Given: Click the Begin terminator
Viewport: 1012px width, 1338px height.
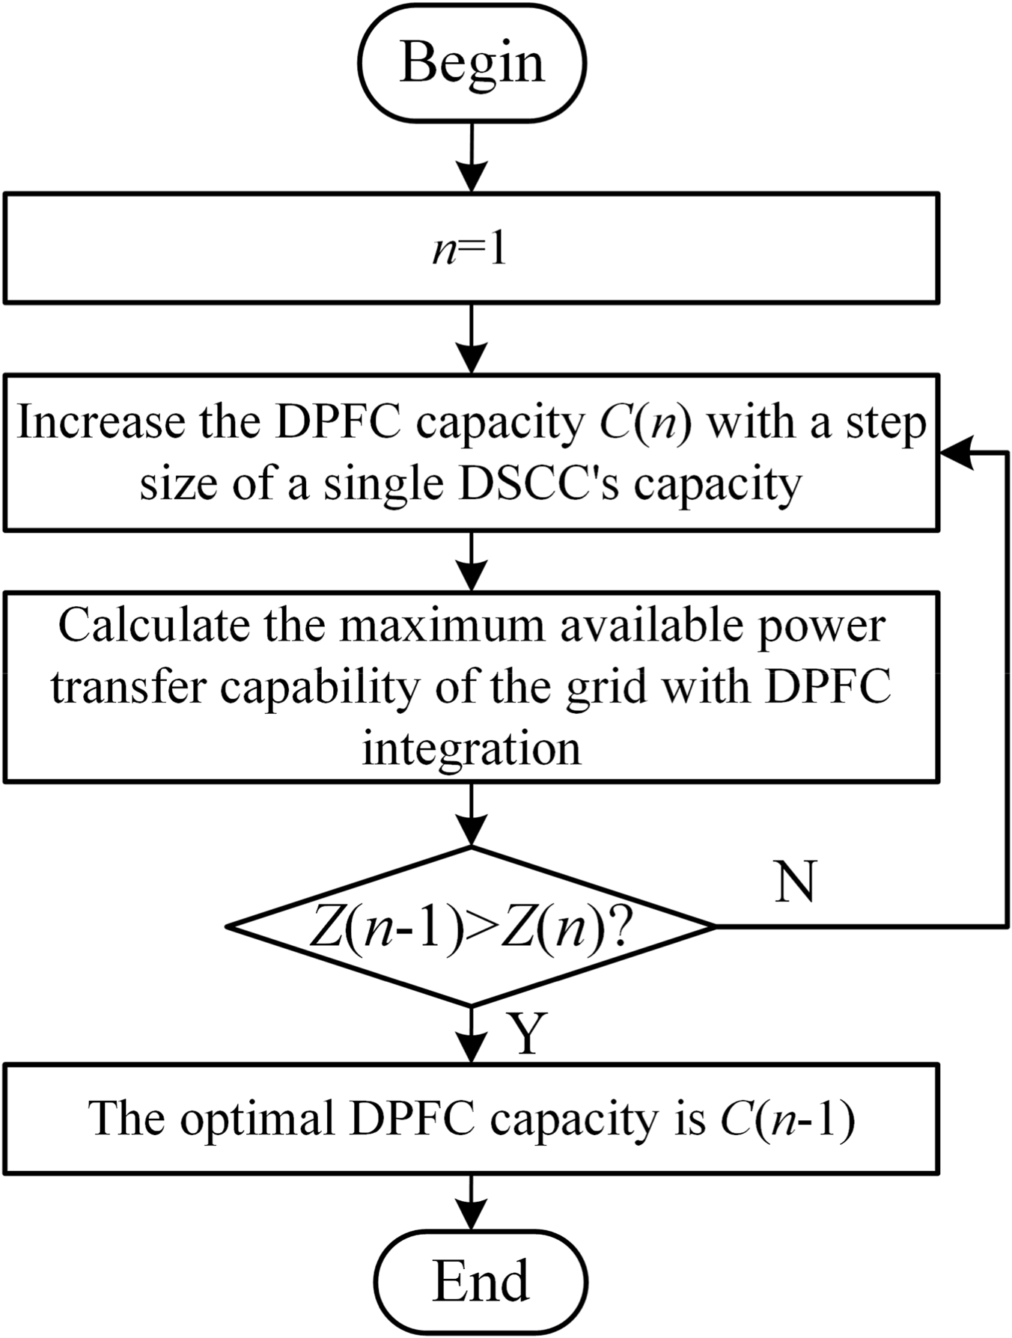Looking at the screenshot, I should (x=472, y=63).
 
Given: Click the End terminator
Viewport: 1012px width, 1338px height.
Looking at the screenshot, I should (x=481, y=1281).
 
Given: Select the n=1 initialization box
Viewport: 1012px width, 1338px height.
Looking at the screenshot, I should (x=471, y=248).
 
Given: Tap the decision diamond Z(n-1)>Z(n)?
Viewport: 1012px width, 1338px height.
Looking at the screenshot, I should (x=471, y=927).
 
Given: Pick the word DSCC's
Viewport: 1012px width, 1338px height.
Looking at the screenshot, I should (x=538, y=484).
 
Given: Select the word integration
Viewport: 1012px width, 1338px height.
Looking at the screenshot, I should (x=472, y=748).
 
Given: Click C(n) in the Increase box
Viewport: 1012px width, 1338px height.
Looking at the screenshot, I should (x=645, y=422).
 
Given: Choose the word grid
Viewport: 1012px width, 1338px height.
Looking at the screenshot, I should (x=605, y=687).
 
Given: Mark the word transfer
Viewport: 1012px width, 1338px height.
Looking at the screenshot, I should (x=127, y=687).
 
